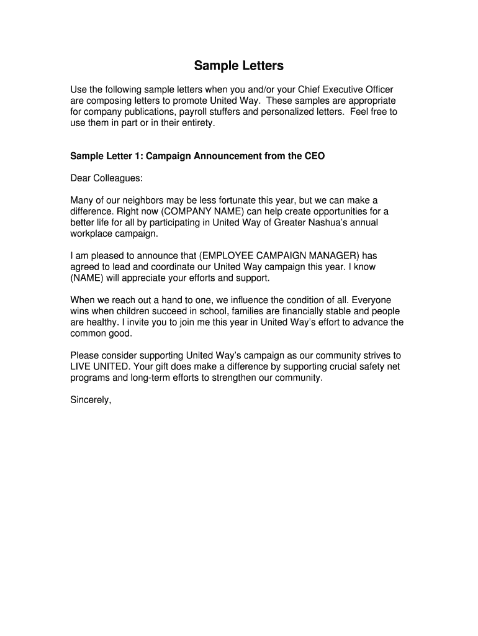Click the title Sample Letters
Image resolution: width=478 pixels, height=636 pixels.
(238, 65)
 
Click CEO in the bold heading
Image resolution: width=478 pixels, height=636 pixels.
(313, 157)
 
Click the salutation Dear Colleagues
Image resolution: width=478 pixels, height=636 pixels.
(106, 178)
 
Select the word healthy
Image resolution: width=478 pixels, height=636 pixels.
(102, 322)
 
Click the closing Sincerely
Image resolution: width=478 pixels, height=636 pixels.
(91, 400)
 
